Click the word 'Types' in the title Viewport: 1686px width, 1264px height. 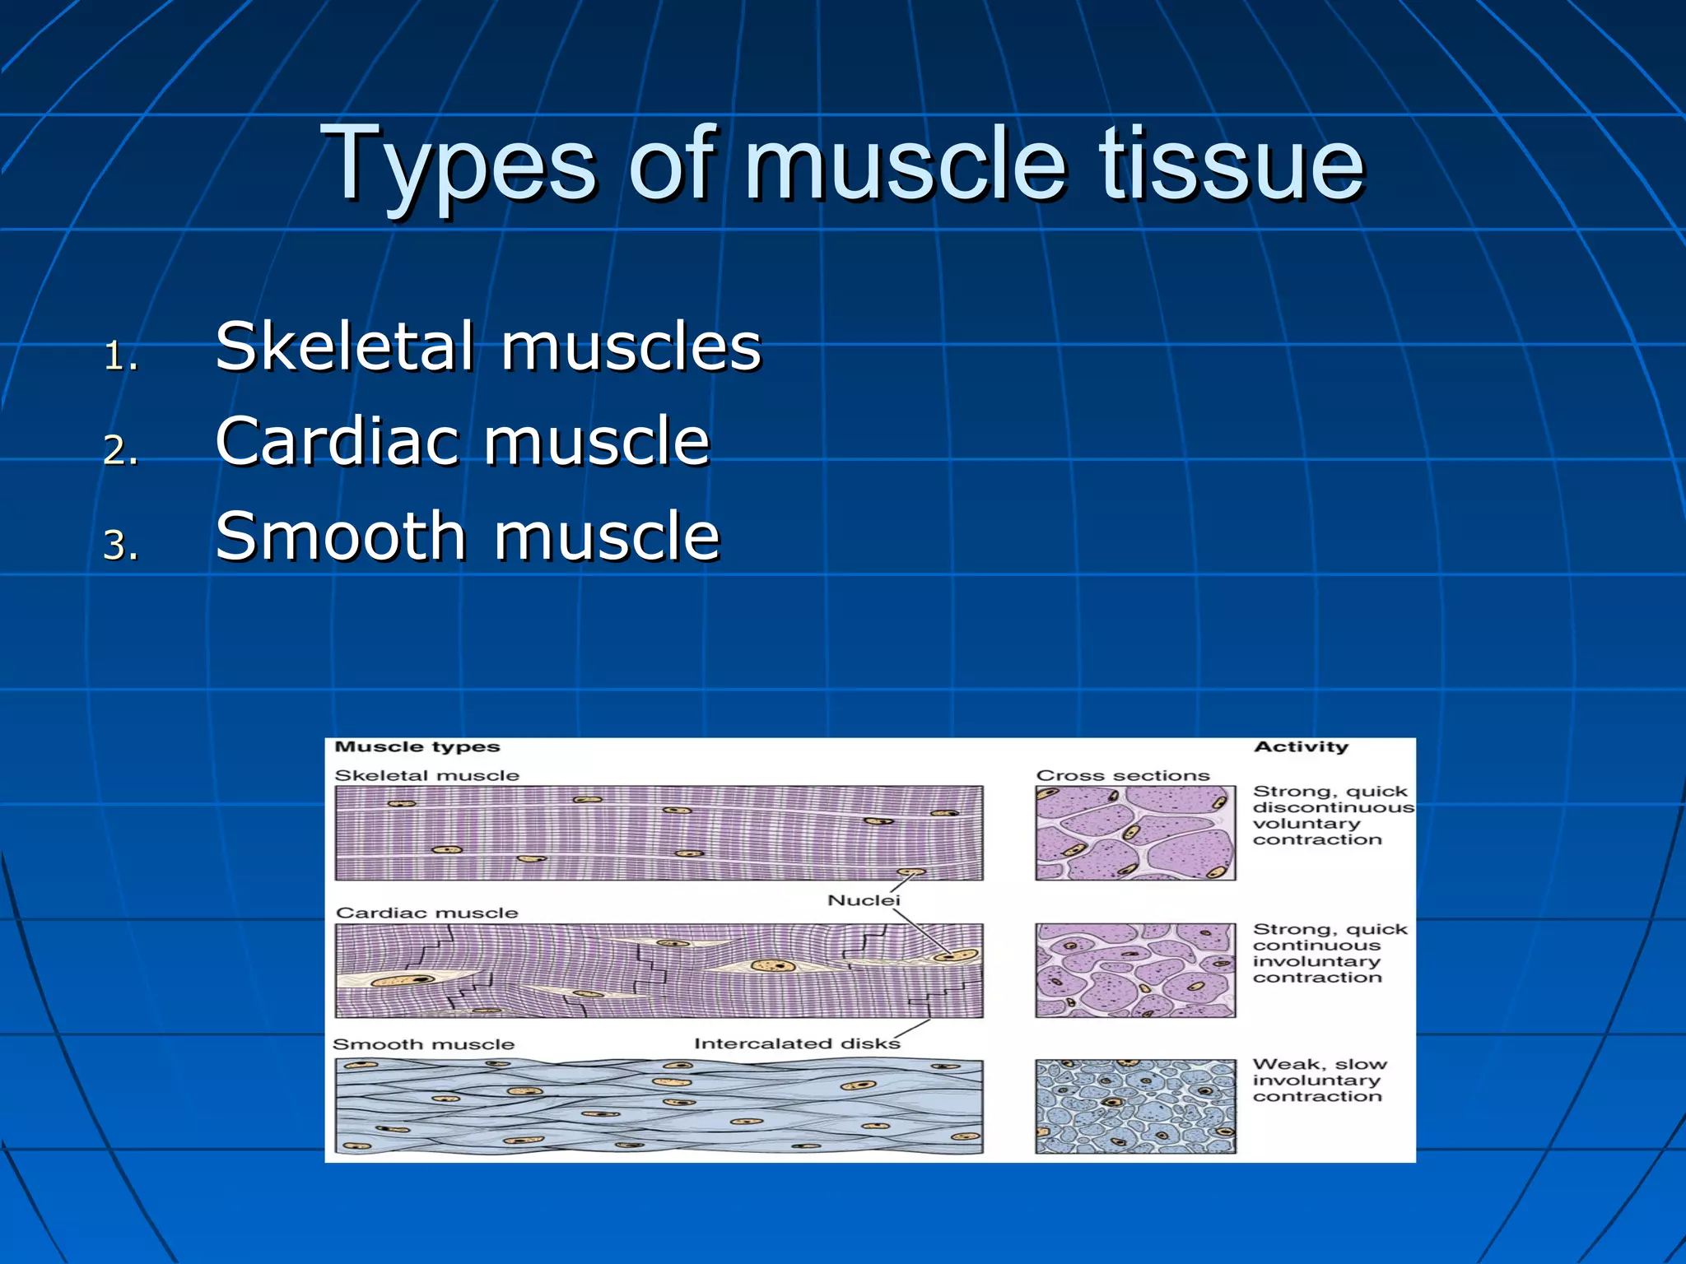point(458,165)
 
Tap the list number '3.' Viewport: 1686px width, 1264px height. point(121,546)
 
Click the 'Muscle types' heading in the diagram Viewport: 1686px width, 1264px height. point(417,747)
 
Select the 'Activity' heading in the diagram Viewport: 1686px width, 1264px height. point(1301,747)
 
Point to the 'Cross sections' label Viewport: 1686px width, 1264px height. point(1123,775)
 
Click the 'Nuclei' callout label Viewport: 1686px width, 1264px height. point(864,900)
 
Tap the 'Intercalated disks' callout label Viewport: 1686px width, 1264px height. point(797,1043)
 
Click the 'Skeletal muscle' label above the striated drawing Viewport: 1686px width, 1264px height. point(426,775)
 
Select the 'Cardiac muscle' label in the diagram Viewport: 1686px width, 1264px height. point(426,913)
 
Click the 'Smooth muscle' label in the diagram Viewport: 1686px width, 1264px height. point(423,1044)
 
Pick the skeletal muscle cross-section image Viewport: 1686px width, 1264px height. point(1135,833)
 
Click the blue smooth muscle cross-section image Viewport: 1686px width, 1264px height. point(1135,1106)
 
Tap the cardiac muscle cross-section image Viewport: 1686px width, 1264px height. point(1135,970)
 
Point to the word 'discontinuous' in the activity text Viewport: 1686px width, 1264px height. point(1333,807)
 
